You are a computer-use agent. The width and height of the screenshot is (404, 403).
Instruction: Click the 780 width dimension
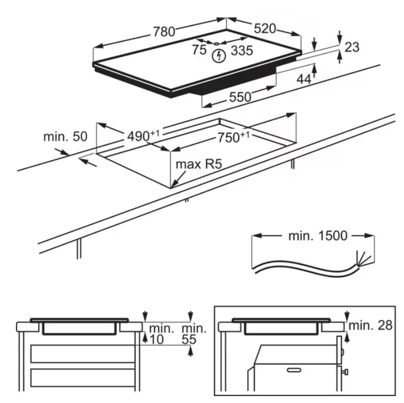(164, 32)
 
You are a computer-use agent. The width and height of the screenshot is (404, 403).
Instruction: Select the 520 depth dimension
(264, 29)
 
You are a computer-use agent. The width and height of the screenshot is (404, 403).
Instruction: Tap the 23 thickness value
(351, 47)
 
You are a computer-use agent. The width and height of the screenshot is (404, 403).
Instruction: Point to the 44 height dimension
(304, 79)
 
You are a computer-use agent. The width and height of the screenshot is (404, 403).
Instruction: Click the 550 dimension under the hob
(240, 97)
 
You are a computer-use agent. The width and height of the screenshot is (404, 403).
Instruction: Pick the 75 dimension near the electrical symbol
(199, 50)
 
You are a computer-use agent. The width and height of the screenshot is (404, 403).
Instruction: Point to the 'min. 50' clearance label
(65, 136)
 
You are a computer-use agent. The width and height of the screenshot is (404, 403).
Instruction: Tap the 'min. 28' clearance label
(370, 326)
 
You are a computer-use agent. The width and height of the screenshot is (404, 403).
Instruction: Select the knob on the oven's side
(345, 371)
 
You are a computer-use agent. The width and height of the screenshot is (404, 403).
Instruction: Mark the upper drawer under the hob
(82, 353)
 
